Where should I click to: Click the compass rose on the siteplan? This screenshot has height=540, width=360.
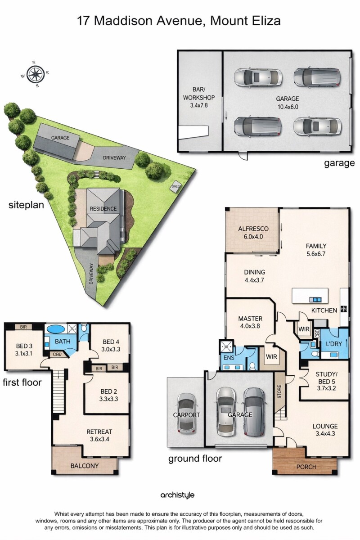35,74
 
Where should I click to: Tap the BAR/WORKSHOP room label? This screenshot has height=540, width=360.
199,97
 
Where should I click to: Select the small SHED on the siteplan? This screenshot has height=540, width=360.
175,186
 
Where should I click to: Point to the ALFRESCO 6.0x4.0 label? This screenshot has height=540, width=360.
253,232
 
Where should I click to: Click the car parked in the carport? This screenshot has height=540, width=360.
187,413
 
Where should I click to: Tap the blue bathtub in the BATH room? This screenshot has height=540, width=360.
55,329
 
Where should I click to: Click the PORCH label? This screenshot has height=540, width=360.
306,467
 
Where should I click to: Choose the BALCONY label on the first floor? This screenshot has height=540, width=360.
85,465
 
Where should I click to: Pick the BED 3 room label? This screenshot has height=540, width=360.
24,350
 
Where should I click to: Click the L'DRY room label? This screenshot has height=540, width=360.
334,344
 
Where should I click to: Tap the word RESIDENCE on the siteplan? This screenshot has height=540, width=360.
103,209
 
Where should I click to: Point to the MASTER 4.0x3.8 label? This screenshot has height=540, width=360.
250,322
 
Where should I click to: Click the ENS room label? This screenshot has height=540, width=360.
229,357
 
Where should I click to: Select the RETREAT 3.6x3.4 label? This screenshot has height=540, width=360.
99,435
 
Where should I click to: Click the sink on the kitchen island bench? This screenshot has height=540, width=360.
315,299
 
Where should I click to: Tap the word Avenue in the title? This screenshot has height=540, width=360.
179,21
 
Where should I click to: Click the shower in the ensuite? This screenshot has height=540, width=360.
226,346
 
